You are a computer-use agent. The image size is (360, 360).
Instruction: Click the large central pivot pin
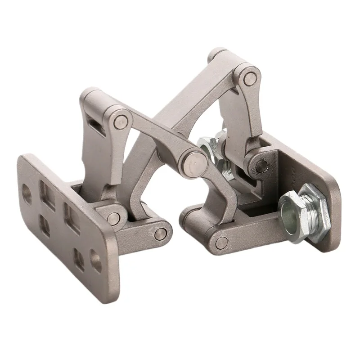tap(194, 161)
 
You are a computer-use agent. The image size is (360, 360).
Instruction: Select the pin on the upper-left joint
tap(121, 121)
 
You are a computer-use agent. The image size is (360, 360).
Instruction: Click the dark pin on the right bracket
tap(260, 167)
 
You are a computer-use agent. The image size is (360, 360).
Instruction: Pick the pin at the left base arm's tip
tap(161, 234)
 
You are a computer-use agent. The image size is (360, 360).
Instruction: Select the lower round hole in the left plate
tap(95, 261)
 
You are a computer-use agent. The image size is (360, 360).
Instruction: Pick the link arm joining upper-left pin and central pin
tap(155, 137)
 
